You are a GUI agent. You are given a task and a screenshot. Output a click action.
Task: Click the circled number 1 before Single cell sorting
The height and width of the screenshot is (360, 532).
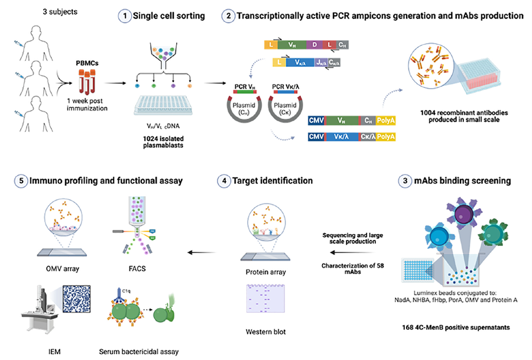124,16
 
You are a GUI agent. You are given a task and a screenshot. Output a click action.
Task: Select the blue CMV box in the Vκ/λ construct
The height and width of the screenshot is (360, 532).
317,137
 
